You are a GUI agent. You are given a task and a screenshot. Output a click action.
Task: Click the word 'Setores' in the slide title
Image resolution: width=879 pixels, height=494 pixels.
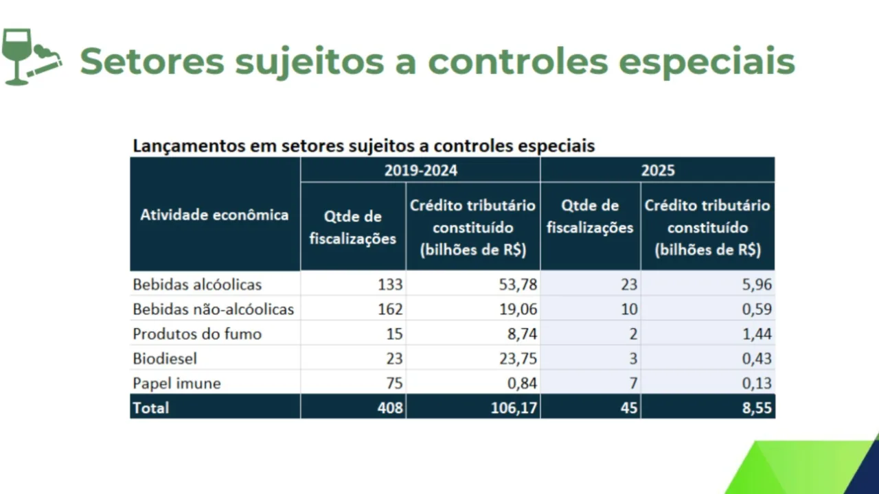pos(152,61)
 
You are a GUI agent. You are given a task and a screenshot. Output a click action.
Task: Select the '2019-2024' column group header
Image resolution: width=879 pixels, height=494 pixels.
pos(420,170)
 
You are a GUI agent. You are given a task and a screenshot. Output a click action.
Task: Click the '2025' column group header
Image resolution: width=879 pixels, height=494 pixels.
pos(658,170)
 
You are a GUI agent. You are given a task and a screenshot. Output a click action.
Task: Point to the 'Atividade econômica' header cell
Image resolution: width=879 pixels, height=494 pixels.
pos(214,215)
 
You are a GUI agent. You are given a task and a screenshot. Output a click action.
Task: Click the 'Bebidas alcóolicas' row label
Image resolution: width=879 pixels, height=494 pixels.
pos(197,284)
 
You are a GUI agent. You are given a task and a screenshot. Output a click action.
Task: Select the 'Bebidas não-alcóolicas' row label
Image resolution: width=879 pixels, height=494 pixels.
pos(213,309)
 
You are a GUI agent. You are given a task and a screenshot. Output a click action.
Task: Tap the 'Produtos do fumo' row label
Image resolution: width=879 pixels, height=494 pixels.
pos(197,334)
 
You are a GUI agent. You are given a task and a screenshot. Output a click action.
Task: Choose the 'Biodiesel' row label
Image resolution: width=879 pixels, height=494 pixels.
pos(165,358)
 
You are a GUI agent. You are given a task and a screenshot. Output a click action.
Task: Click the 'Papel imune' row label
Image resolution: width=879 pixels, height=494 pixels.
pos(176,383)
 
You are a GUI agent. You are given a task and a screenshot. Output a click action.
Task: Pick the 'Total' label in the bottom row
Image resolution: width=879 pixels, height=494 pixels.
pos(150,408)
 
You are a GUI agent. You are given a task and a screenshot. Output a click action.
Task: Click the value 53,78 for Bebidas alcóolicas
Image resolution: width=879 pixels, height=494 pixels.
pos(518,284)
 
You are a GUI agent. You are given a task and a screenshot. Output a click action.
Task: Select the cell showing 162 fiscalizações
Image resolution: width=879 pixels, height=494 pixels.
pos(389,309)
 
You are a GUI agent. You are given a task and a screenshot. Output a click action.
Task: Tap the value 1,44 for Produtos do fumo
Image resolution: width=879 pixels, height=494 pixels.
pos(756,334)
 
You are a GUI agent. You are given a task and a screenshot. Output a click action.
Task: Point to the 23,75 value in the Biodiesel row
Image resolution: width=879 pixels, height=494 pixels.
pos(518,358)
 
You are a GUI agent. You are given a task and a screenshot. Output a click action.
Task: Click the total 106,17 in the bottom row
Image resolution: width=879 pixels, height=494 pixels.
pos(513,408)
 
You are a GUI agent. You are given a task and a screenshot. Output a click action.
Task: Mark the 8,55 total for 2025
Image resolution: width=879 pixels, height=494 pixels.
pos(756,408)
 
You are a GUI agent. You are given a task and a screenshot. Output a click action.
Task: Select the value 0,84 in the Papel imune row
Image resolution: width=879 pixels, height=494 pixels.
pos(522,383)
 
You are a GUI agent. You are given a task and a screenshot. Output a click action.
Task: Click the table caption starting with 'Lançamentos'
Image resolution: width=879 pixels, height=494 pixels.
pos(363,146)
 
